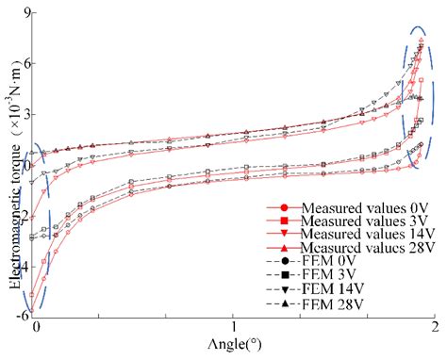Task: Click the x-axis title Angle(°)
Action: click(x=232, y=347)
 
